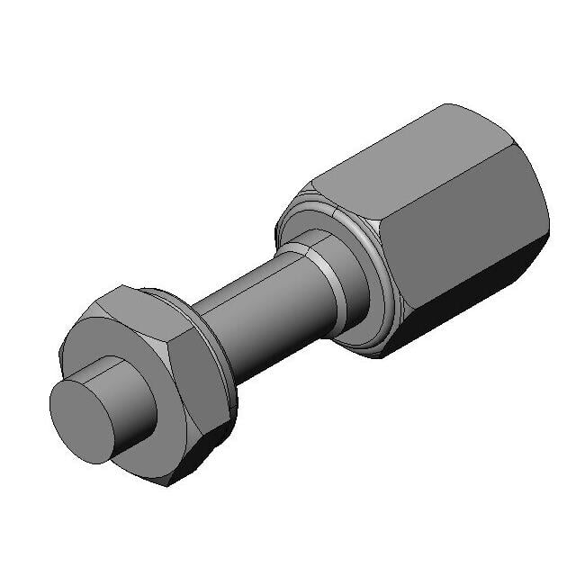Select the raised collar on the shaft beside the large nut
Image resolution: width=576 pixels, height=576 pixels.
point(346,279)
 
